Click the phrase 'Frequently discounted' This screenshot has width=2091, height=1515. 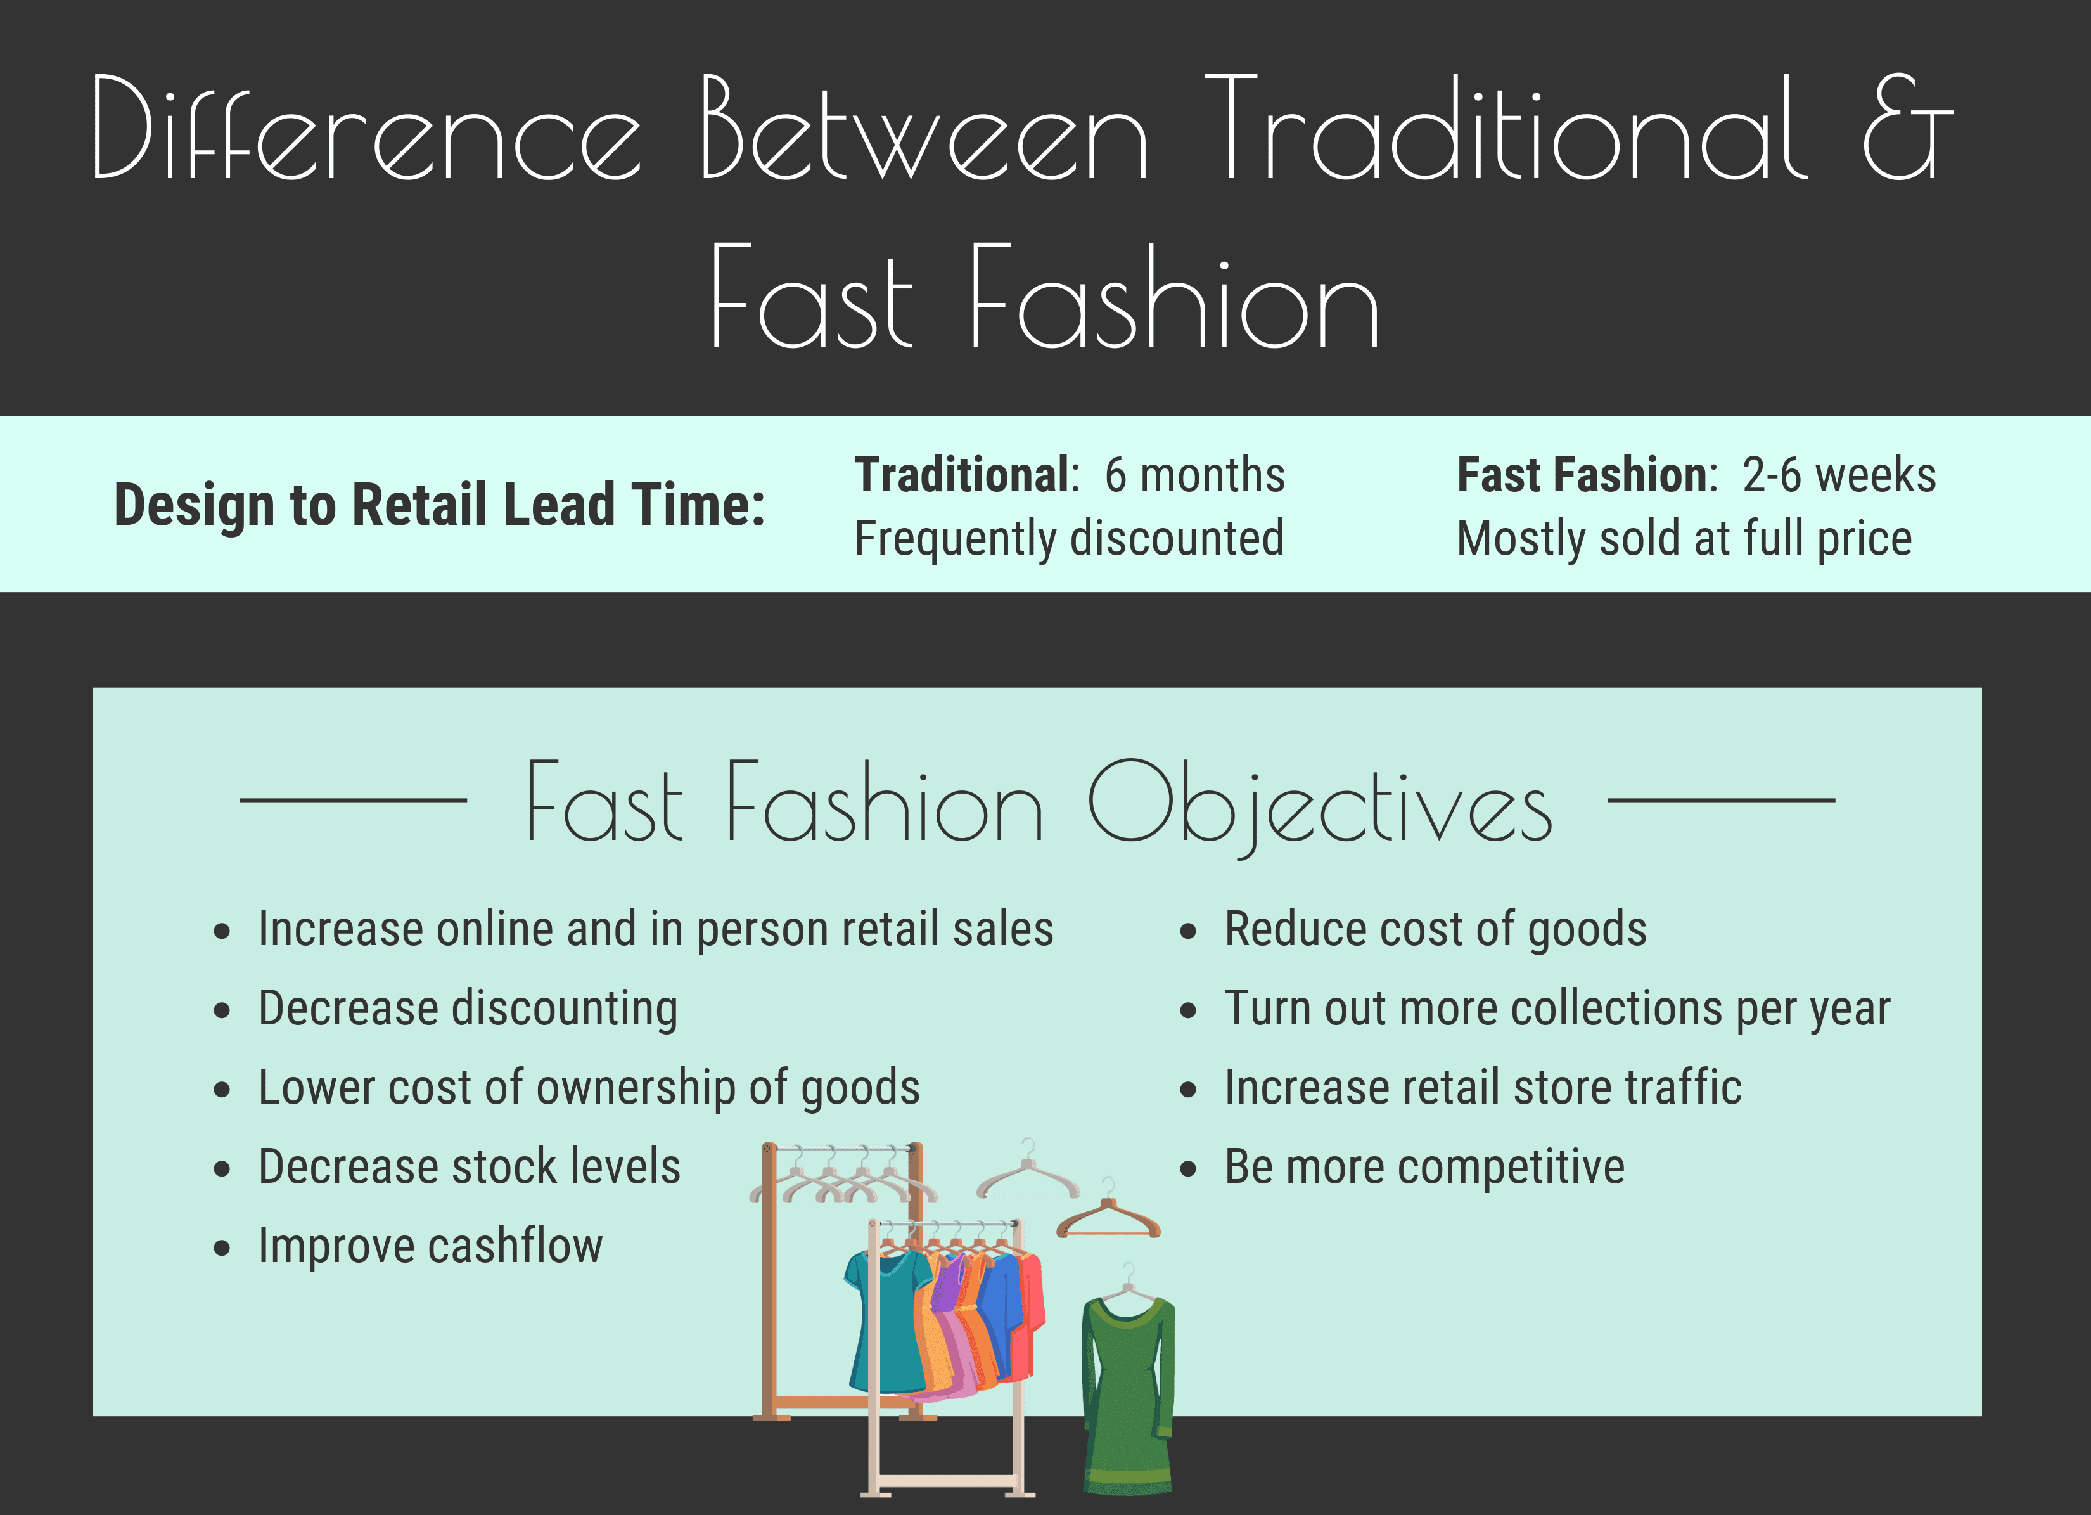pos(1070,539)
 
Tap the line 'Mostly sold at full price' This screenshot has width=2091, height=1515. pos(1684,539)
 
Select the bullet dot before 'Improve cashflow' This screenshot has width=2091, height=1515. pos(221,1249)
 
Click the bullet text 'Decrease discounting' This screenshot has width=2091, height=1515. pos(468,1008)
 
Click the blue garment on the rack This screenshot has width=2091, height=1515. pos(1001,1314)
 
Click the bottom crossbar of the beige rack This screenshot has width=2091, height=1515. pos(945,1481)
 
